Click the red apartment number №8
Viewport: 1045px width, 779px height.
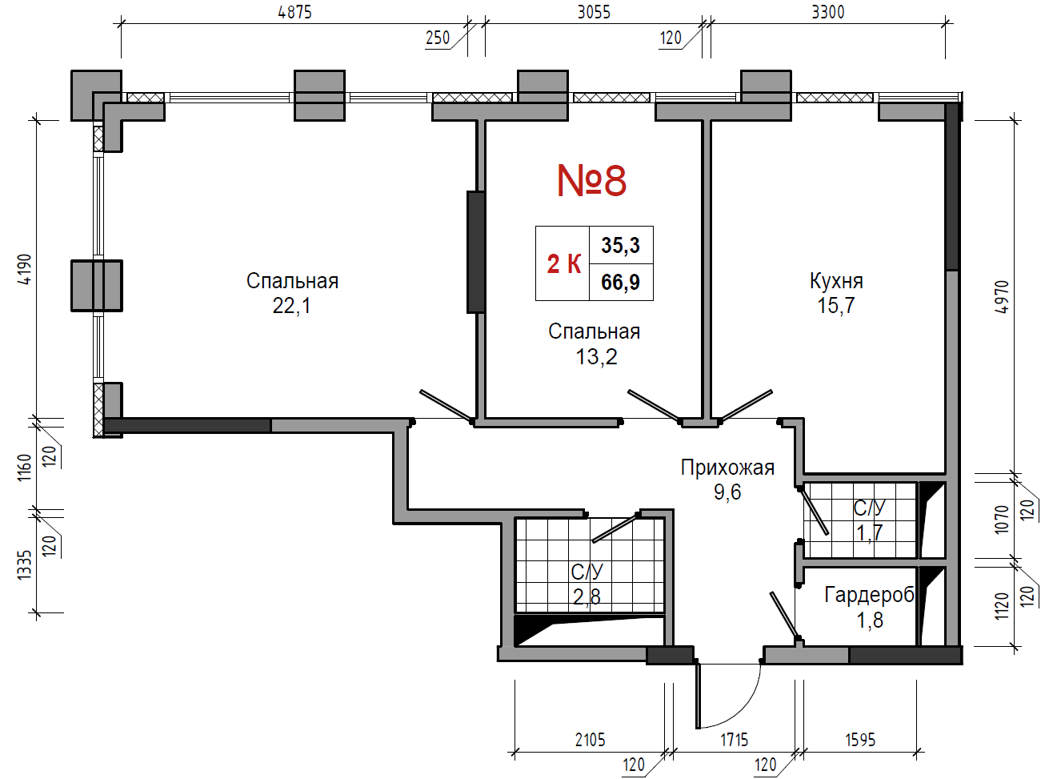click(592, 180)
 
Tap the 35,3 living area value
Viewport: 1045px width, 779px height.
click(620, 245)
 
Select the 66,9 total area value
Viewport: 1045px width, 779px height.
click(620, 282)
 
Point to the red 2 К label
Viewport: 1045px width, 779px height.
click(564, 263)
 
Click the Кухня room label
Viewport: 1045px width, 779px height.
click(836, 281)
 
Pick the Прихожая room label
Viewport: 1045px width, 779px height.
click(727, 468)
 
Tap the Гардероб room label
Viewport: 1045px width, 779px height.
click(869, 595)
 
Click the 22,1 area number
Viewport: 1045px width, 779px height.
click(291, 306)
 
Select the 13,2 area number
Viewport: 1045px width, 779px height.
click(596, 356)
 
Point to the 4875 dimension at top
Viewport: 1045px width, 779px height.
click(295, 12)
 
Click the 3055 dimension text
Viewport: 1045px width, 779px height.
click(595, 12)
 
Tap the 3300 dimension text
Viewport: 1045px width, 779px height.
click(828, 12)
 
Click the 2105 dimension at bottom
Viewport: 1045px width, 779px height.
click(590, 740)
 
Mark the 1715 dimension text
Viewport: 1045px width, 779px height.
click(734, 740)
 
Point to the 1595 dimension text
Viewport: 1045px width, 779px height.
click(860, 740)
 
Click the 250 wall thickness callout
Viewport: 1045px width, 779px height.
click(438, 38)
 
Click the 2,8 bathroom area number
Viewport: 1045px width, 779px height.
click(587, 597)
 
